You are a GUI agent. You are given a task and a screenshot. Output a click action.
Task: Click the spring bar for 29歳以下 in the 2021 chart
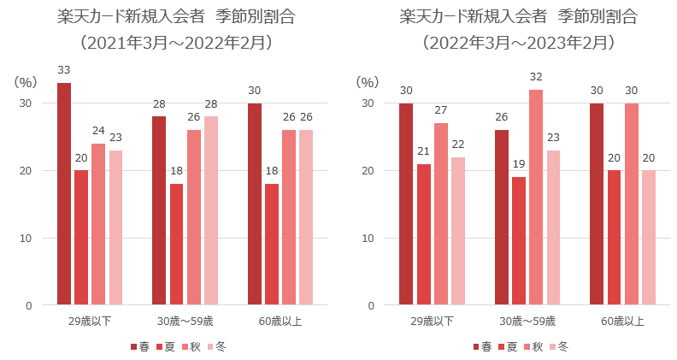coord(64,193)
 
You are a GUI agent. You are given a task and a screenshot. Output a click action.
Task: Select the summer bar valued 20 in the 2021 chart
coord(81,237)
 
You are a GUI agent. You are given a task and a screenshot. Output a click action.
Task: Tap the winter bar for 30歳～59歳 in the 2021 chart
coord(211,210)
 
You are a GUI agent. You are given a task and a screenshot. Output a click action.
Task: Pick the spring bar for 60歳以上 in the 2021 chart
coord(255,204)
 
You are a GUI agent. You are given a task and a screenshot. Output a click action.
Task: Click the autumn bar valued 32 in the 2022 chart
coord(536,197)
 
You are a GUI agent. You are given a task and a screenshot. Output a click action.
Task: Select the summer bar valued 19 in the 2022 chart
coord(519,240)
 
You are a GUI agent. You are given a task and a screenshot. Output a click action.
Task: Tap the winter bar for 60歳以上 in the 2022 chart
coord(649,237)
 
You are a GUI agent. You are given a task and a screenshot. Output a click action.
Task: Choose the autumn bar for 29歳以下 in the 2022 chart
coord(440,214)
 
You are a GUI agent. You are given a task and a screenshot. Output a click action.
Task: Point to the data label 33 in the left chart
coord(64,69)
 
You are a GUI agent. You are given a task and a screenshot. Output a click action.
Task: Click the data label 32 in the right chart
coord(536,76)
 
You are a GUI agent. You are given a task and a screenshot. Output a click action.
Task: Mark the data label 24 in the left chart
coord(98,130)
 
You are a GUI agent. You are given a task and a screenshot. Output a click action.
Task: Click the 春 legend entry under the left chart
coord(142,346)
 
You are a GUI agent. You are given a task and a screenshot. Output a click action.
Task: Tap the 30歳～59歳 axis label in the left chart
coord(185,322)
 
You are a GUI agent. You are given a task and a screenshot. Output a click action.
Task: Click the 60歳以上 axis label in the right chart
coord(623,322)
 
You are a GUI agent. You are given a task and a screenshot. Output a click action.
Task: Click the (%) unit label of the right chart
coord(367,82)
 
